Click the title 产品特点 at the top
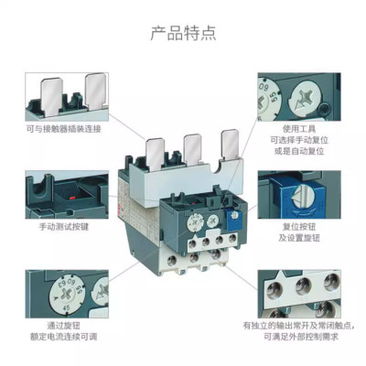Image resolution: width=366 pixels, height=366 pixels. click(183, 34)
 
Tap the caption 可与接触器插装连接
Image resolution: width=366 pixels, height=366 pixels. click(63, 129)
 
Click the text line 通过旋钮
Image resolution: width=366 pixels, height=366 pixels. click(63, 323)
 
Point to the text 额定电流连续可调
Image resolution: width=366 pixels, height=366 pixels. click(63, 336)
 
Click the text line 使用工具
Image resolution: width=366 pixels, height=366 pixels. click(297, 129)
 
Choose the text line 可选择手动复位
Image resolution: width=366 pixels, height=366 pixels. click(297, 141)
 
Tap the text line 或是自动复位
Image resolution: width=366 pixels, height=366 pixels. click(297, 153)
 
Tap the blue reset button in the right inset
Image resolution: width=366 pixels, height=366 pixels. click(280, 194)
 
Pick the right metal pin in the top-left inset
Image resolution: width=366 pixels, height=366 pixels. click(94, 90)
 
